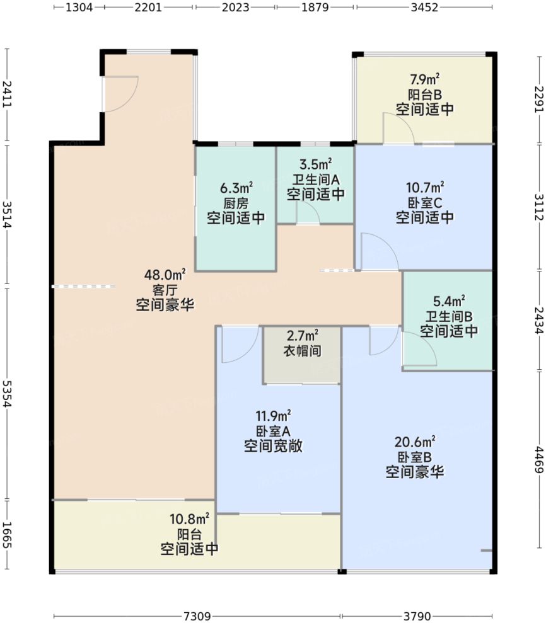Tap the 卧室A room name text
coord(273,431)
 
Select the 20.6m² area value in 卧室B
coord(415,441)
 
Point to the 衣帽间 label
coord(303,351)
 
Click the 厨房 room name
coord(236,203)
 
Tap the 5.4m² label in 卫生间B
coord(449,300)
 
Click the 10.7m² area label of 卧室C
coord(425,187)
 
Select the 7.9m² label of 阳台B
coord(424,79)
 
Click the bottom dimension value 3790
coord(417,615)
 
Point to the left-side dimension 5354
coord(7,394)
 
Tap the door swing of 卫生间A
coord(308,214)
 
